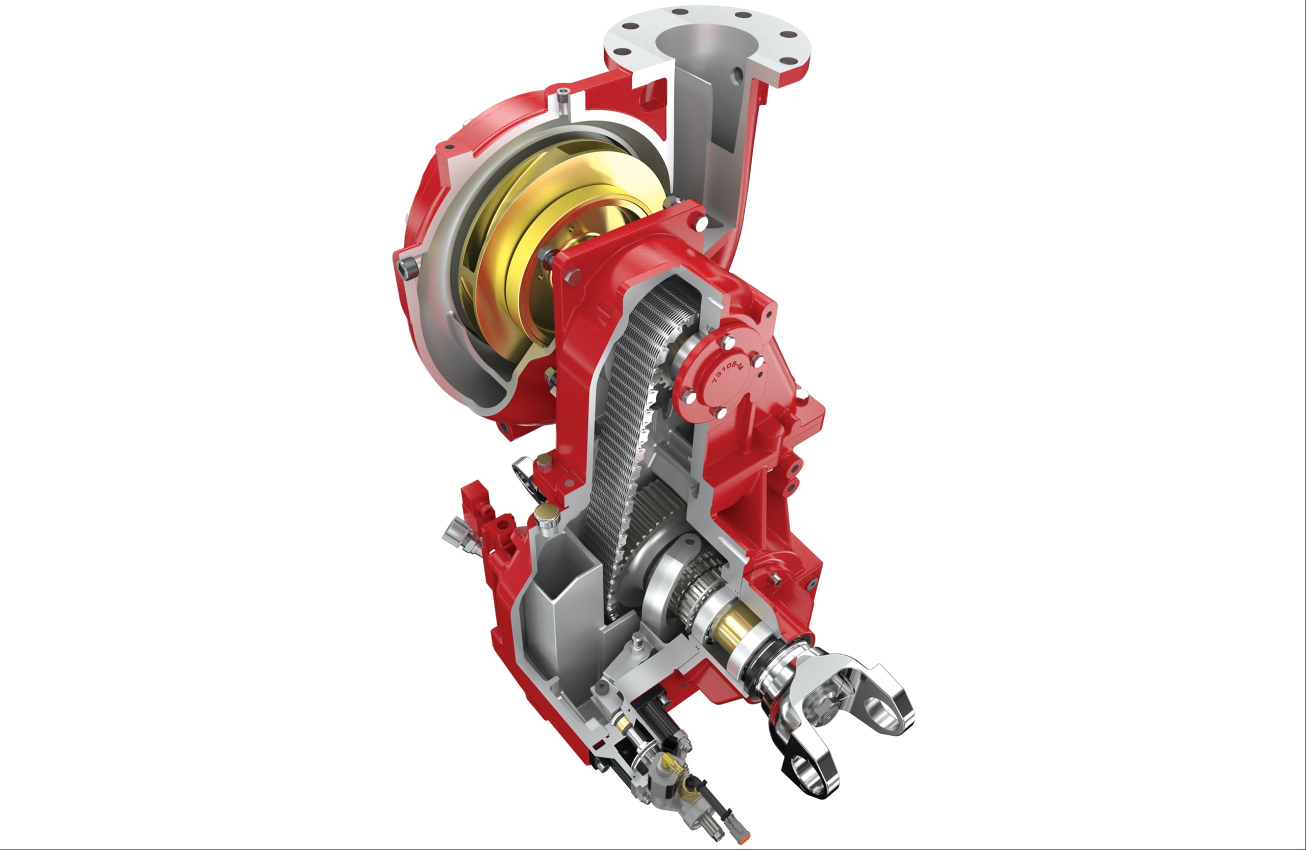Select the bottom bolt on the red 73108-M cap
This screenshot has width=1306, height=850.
pyautogui.click(x=720, y=412)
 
